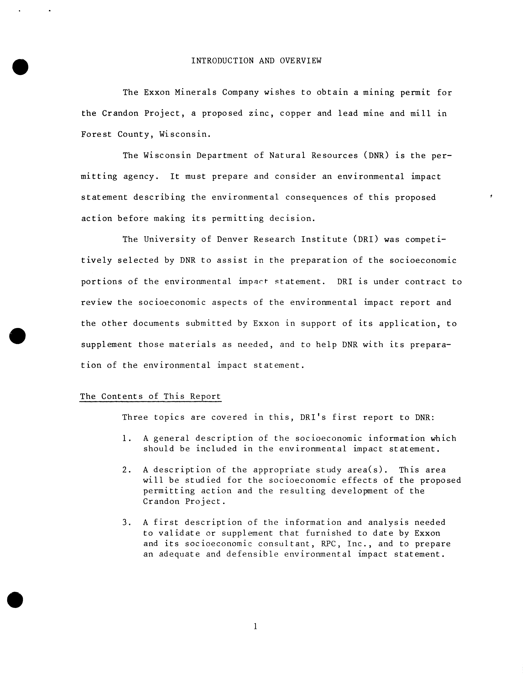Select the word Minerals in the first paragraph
tap(196, 92)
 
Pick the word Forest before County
tap(96, 134)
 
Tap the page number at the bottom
tap(255, 626)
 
